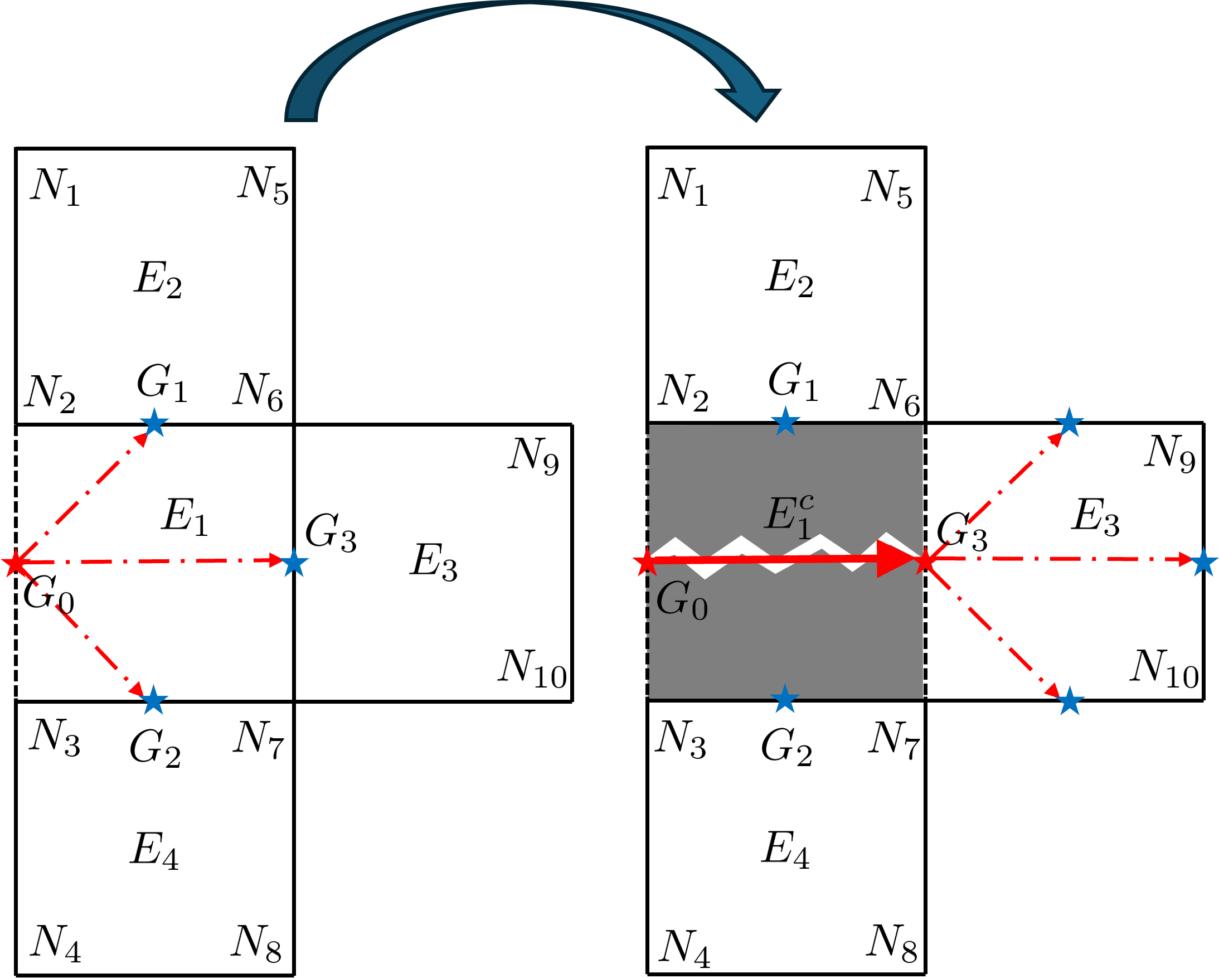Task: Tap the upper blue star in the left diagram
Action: (x=154, y=423)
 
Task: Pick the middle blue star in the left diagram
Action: (x=294, y=563)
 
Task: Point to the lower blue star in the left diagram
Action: (x=154, y=701)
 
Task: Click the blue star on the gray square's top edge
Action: (x=785, y=422)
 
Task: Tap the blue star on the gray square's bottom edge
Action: (x=785, y=700)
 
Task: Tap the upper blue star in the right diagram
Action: (x=1069, y=423)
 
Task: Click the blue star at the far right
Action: (x=1204, y=562)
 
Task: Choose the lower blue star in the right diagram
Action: (x=1070, y=701)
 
